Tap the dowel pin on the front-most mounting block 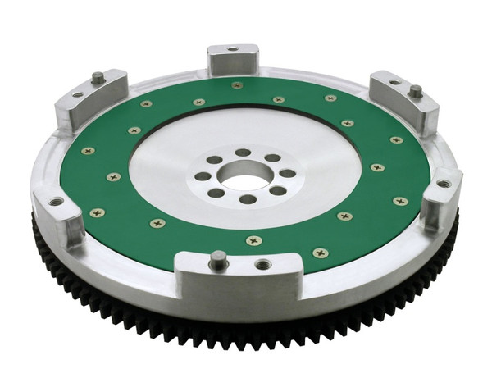(217, 259)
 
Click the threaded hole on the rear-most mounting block (233, 49)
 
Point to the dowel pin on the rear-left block (97, 78)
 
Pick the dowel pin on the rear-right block (415, 89)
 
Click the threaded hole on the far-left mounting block (56, 201)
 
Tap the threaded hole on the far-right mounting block (444, 184)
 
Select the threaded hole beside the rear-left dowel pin (78, 95)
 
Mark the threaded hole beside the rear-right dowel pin (394, 82)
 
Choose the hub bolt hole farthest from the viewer (243, 153)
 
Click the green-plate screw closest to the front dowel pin (253, 240)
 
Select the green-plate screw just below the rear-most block (236, 84)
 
